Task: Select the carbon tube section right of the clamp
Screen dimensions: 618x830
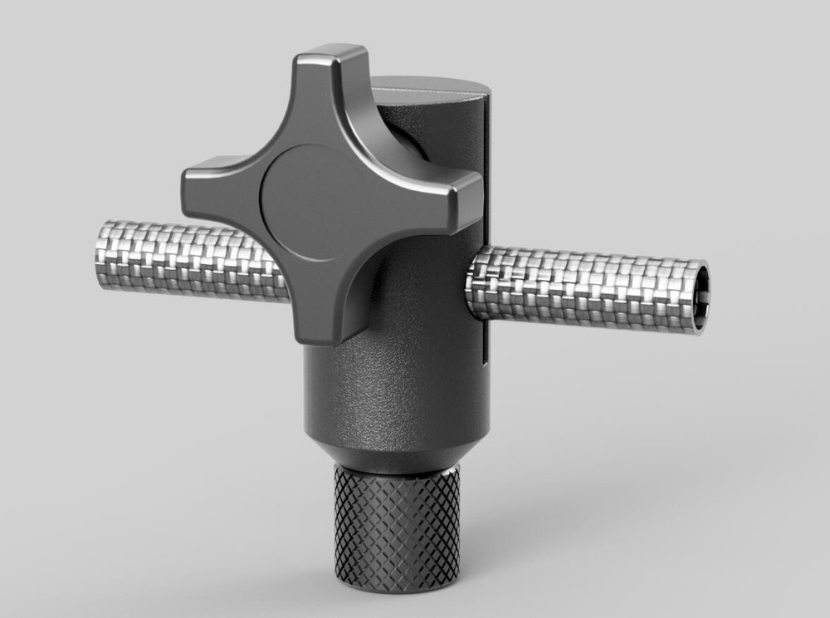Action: pyautogui.click(x=581, y=287)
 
